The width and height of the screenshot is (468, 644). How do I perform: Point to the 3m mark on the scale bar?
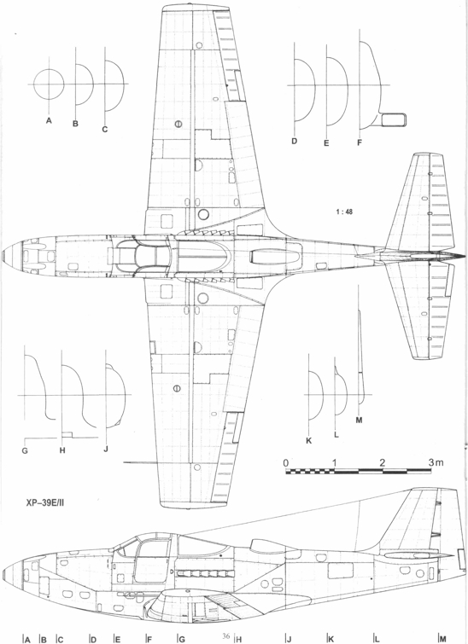click(x=436, y=462)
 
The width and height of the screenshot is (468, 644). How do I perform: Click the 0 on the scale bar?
click(x=286, y=462)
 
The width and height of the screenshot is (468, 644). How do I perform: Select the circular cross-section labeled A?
click(x=49, y=84)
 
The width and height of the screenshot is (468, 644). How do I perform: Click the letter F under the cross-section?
click(x=360, y=143)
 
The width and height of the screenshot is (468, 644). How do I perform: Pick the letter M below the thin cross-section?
click(x=359, y=421)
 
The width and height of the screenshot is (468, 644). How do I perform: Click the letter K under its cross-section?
click(x=309, y=441)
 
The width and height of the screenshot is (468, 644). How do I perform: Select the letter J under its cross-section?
click(x=106, y=449)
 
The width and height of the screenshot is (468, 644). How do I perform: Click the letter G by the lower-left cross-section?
click(x=25, y=450)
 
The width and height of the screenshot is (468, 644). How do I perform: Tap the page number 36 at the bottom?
click(x=225, y=636)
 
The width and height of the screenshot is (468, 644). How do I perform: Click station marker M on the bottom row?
click(x=443, y=639)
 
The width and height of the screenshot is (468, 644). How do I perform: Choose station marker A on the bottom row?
click(x=27, y=639)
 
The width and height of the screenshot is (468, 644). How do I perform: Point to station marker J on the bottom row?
click(x=290, y=639)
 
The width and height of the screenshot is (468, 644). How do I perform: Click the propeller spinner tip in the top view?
click(x=3, y=255)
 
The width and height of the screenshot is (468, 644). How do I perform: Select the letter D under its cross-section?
click(x=294, y=141)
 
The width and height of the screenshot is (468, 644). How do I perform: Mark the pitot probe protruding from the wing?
click(x=140, y=462)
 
